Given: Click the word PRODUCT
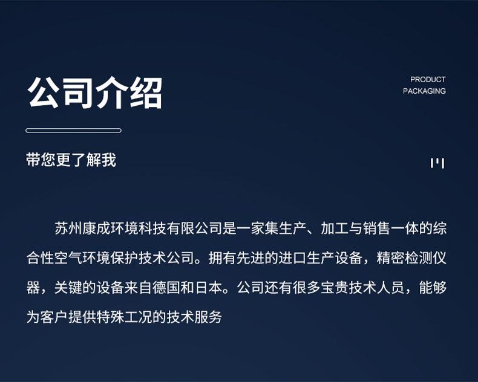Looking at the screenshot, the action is coord(428,80).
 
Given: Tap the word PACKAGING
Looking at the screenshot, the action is coord(424,91).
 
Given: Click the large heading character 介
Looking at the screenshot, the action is coord(111,93).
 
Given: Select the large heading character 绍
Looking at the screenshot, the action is coord(146,93).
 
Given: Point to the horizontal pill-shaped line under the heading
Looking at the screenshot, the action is coord(73,131).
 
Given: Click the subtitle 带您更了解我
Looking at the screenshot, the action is coord(71,160).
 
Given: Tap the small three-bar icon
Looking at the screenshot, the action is coord(437,163).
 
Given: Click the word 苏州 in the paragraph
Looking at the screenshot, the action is coord(68,228).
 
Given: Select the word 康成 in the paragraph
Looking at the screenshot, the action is coord(96,228).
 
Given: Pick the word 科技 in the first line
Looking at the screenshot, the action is coord(152,228).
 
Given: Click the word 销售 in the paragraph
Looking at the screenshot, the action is coord(377,228).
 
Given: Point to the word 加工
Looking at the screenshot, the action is coord(335,228).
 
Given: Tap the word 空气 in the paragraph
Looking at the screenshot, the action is coord(68,258).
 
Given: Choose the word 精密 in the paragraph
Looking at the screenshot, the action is coord(391,258).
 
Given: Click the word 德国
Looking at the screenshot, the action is coord(166,288).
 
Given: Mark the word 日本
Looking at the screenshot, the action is coord(209,288).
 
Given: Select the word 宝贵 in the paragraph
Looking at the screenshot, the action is coord(335,288).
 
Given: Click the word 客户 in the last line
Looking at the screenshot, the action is coord(54,317).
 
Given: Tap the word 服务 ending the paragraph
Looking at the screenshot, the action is coord(209,317).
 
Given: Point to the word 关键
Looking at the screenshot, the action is coord(68,288).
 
